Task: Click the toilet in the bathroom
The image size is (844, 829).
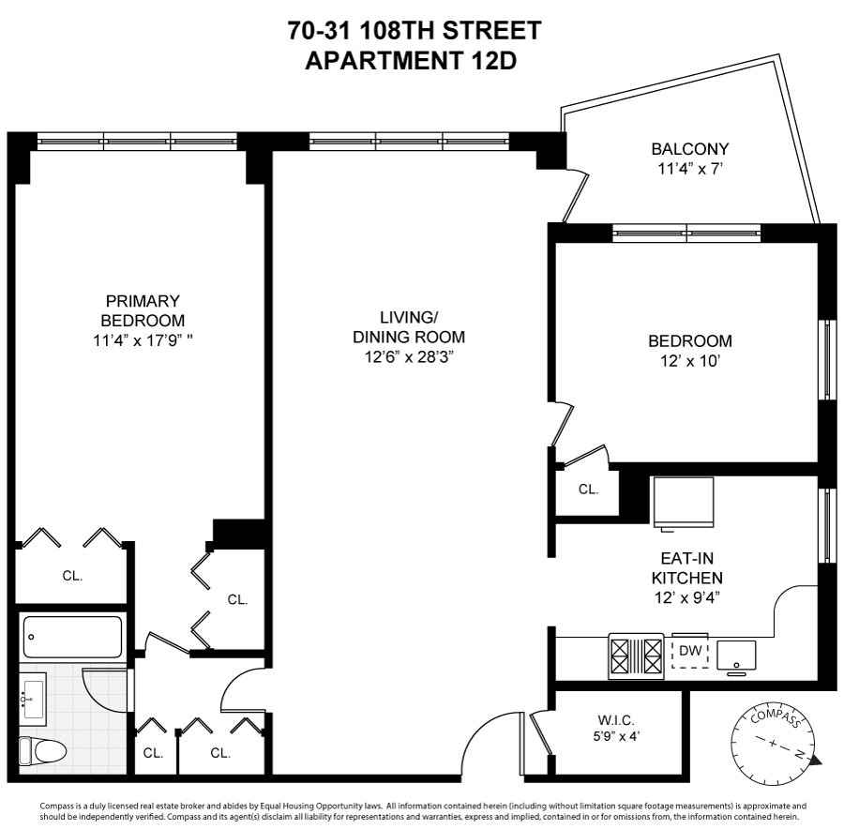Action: click(43, 750)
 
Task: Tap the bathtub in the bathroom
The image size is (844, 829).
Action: click(72, 637)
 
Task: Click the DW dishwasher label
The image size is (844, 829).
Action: click(689, 650)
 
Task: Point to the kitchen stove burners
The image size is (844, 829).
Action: click(636, 655)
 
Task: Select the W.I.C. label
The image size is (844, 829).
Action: click(615, 720)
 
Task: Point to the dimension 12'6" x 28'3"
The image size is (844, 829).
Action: click(409, 356)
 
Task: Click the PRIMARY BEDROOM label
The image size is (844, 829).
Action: click(142, 310)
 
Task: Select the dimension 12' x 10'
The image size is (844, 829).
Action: click(690, 361)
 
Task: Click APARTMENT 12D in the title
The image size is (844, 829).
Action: click(413, 61)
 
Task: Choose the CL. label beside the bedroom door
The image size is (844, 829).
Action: click(588, 489)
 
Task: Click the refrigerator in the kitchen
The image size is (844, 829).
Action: click(683, 504)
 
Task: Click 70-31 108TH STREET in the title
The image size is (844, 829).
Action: click(414, 31)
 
